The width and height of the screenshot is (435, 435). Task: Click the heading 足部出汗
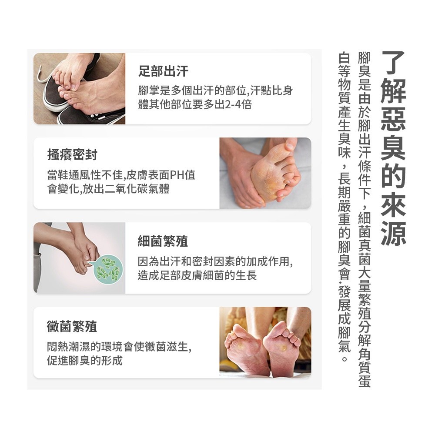(164, 71)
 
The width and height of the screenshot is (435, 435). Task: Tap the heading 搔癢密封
(72, 154)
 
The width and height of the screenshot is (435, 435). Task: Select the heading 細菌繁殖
(163, 241)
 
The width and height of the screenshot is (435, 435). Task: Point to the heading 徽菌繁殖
(72, 326)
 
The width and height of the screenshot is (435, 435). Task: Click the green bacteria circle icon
(108, 269)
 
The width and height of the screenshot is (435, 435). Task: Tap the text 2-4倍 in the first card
(238, 104)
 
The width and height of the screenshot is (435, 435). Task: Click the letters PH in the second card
(177, 175)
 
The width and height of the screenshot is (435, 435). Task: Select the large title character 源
(393, 234)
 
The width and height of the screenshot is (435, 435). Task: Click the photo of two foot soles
(265, 342)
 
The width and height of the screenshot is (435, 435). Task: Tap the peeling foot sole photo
(265, 173)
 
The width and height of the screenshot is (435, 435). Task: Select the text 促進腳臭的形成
(85, 360)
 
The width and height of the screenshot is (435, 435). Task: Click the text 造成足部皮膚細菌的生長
(197, 275)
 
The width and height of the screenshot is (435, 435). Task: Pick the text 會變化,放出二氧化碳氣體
(108, 189)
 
